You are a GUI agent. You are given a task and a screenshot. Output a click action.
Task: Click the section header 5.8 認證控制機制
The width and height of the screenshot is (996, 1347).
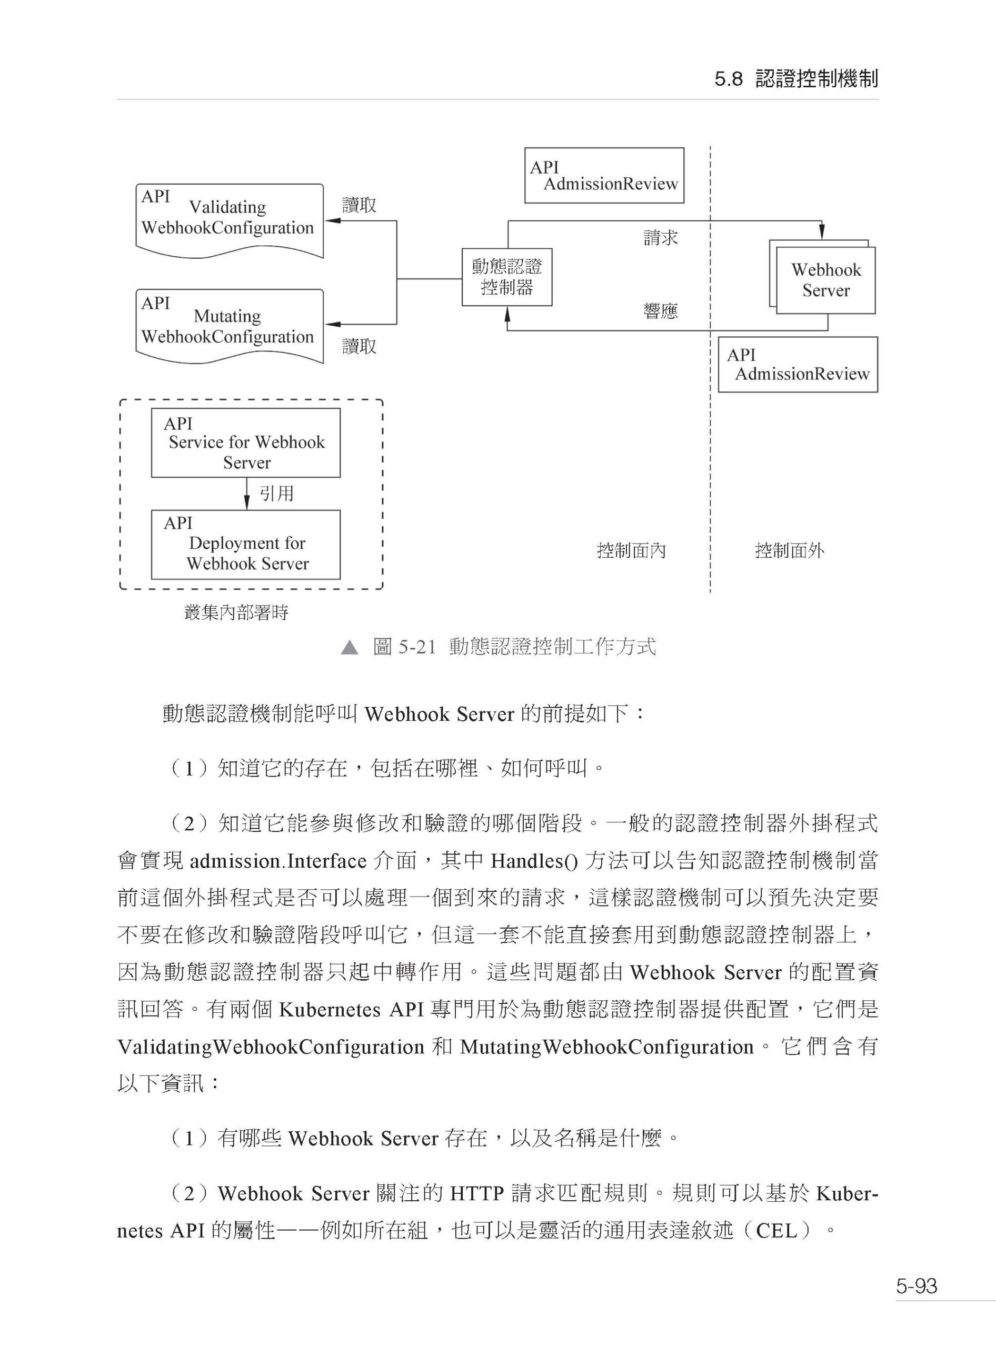(796, 79)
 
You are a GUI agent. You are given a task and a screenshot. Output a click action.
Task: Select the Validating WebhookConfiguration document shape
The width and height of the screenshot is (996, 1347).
(230, 220)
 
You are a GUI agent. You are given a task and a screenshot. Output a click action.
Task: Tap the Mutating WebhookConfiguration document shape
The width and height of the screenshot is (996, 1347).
(230, 326)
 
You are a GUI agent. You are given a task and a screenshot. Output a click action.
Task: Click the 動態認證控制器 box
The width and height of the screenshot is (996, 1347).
(506, 277)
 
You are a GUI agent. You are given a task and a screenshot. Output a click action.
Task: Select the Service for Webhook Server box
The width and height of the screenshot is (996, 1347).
(245, 443)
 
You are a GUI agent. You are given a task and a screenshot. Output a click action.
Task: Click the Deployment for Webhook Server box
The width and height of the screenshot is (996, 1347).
(245, 545)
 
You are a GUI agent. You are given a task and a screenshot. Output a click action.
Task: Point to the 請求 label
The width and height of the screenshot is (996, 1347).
(660, 237)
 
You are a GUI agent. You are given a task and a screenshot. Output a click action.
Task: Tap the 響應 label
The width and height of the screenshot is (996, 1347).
(660, 311)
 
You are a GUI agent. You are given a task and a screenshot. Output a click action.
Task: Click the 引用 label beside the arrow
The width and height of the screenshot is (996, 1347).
(277, 494)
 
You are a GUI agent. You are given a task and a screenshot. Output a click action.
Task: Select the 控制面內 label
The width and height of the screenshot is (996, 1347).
(631, 550)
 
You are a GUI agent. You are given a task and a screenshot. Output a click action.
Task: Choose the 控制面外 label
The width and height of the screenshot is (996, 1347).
(790, 550)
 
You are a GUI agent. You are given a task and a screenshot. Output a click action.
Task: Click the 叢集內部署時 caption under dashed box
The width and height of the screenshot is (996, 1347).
(236, 613)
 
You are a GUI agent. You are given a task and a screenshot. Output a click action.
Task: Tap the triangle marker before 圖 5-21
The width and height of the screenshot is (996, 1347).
(349, 648)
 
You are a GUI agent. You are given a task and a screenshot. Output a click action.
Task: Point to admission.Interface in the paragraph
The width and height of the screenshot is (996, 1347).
(278, 861)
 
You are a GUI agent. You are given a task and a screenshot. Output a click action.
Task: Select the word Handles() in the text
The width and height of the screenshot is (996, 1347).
(534, 861)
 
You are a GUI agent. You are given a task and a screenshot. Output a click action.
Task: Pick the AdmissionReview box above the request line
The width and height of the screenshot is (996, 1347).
(604, 175)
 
